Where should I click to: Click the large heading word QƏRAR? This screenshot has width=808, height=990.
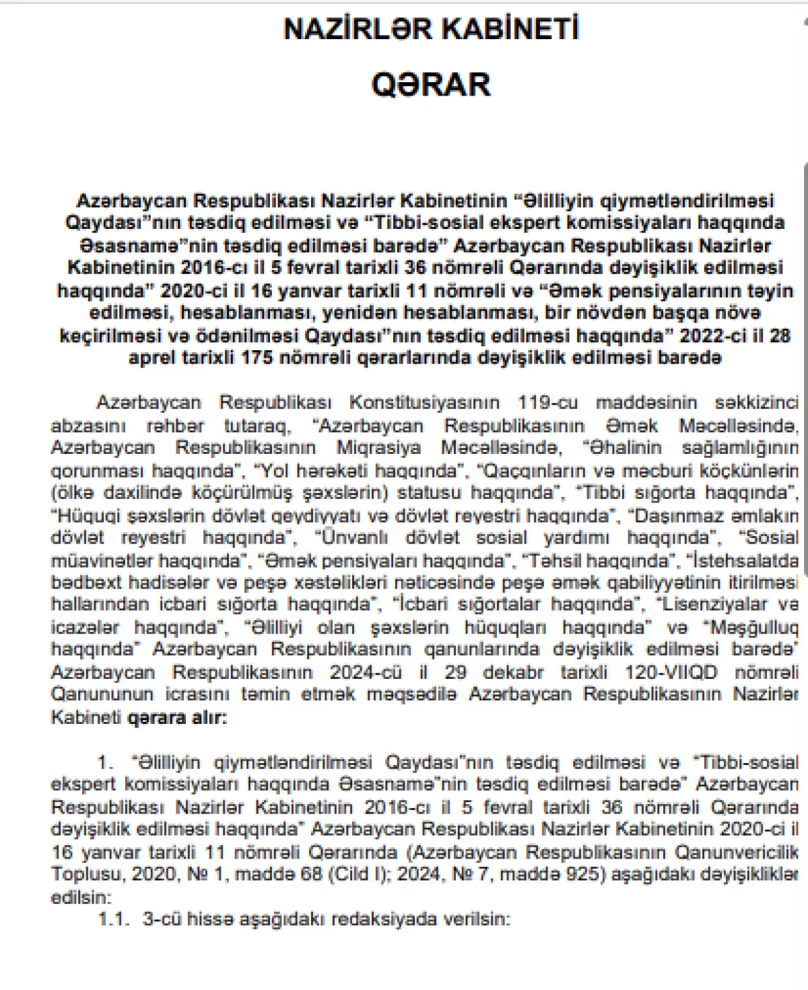point(431,85)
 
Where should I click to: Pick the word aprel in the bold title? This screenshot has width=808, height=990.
point(152,358)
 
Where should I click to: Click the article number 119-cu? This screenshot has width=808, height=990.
point(547,403)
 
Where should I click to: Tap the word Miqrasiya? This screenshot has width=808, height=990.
point(378,448)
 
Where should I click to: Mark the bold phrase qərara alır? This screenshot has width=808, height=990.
point(177,717)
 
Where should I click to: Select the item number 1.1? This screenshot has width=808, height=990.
point(113,919)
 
